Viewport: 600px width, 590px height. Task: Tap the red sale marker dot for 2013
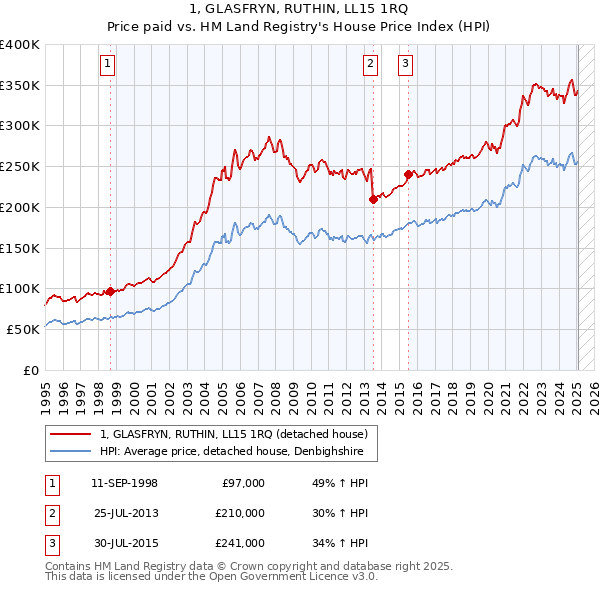[x=373, y=199]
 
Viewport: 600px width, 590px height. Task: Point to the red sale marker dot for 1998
[x=110, y=291]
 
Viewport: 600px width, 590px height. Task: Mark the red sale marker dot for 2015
[x=408, y=174]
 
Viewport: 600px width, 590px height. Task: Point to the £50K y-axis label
[x=24, y=329]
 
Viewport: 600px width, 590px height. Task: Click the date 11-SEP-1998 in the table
[x=124, y=483]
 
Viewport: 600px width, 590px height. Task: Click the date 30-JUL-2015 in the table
[x=124, y=543]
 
